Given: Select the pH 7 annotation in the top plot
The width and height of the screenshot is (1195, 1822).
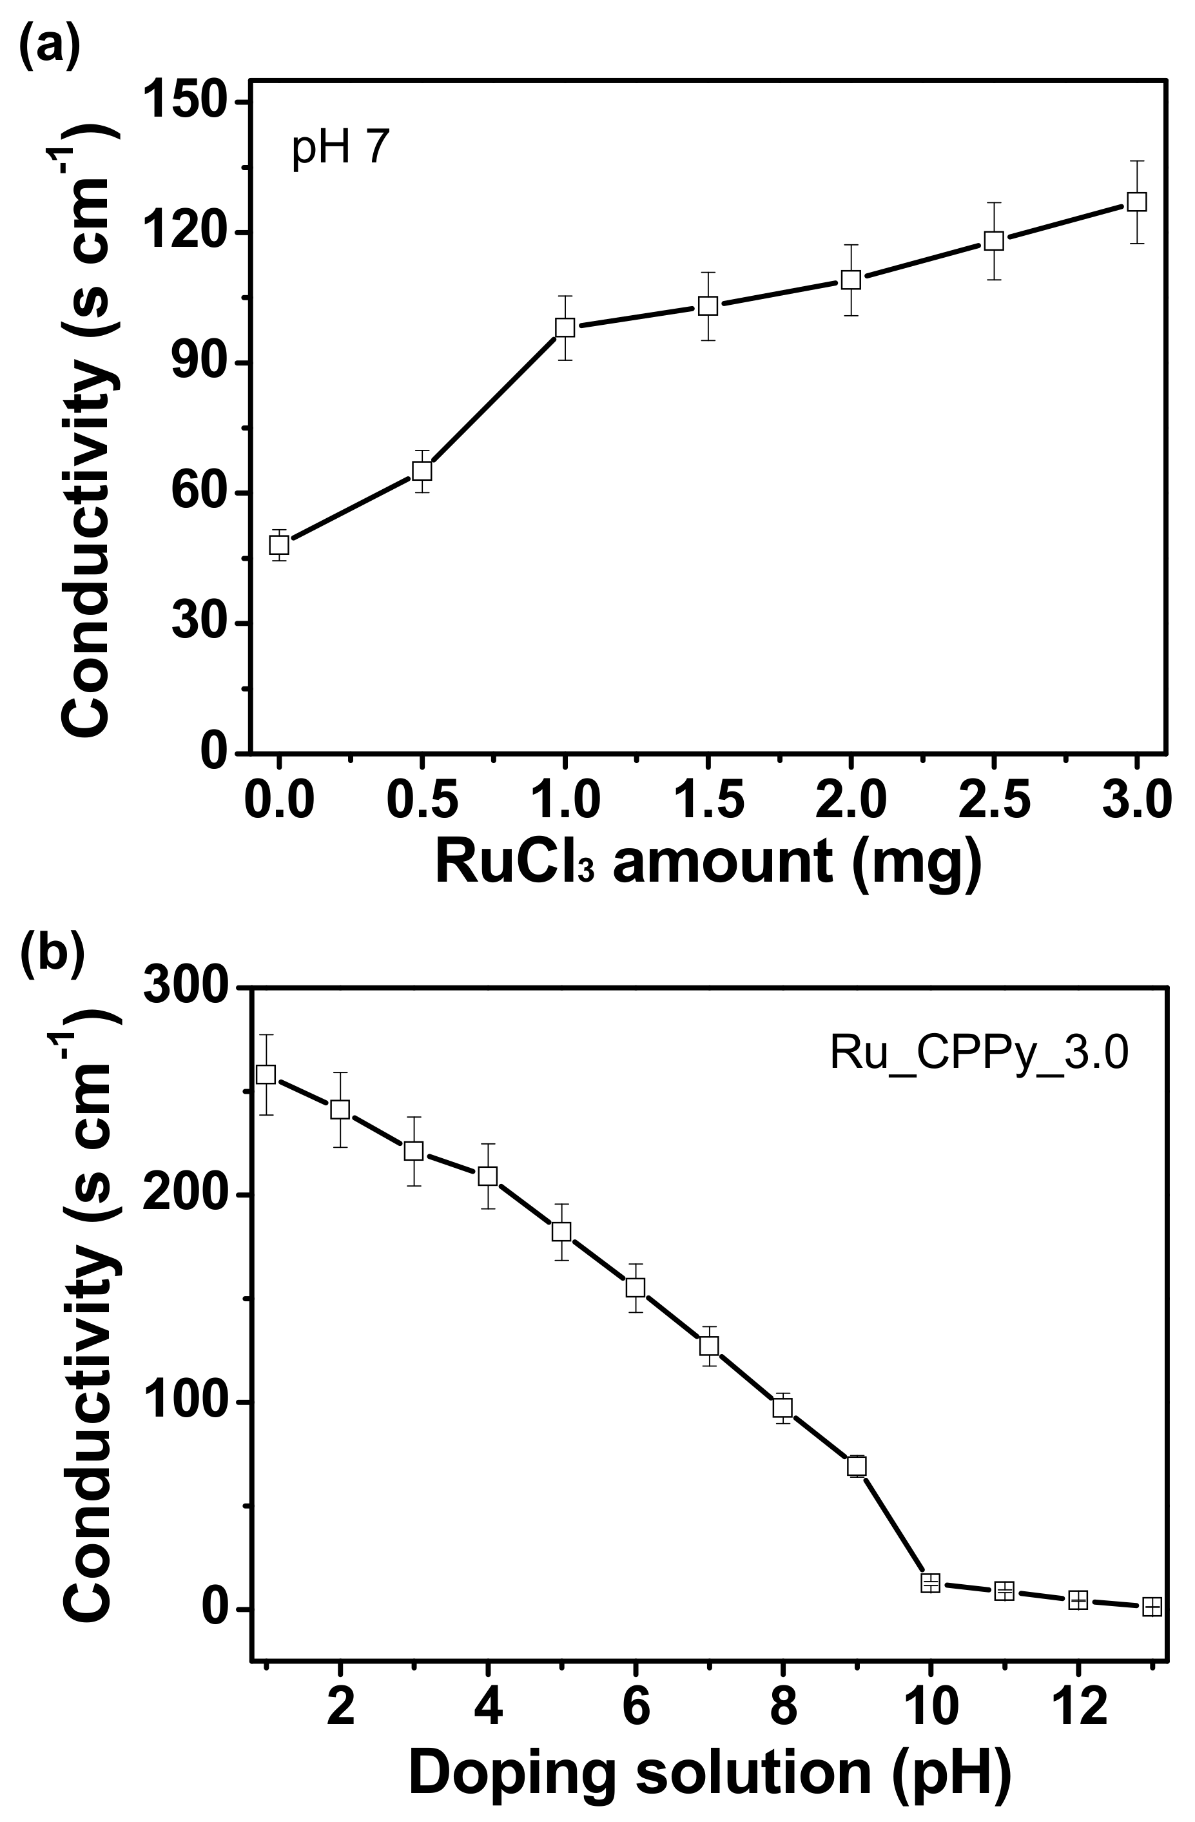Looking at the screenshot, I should point(341,147).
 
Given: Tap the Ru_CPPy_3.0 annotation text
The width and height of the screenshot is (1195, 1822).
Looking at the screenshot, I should point(979,1053).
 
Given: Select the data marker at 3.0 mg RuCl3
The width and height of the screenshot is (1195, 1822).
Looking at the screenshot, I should point(1137,201).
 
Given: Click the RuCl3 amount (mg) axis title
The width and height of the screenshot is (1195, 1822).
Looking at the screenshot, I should point(708,862).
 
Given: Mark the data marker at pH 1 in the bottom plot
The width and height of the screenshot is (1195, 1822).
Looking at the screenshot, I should point(266,1075).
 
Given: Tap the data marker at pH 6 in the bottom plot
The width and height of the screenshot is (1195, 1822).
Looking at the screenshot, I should point(635,1288).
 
